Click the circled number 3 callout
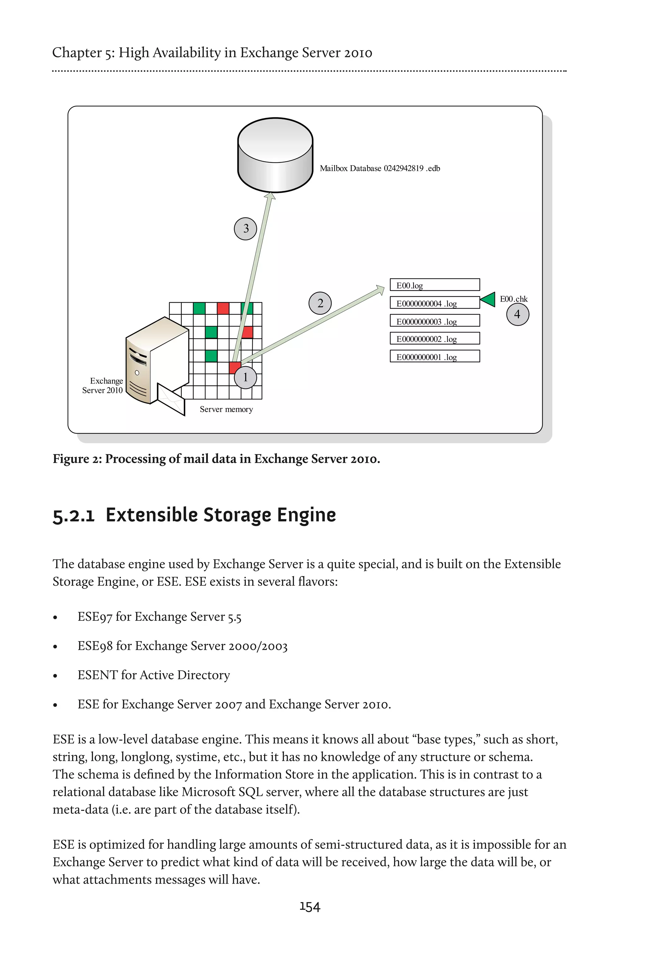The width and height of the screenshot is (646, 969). (x=245, y=229)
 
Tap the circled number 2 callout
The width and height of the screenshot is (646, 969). (x=320, y=303)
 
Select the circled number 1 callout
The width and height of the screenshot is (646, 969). (x=245, y=377)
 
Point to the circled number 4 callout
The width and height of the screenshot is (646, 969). (x=517, y=315)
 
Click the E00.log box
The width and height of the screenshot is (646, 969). (x=435, y=285)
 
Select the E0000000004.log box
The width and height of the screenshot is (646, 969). (x=435, y=303)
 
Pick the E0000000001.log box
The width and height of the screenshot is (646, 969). (x=435, y=356)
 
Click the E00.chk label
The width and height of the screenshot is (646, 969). (x=514, y=299)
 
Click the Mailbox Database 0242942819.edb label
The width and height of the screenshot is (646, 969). (x=380, y=168)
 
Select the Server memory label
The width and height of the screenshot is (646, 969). (x=226, y=409)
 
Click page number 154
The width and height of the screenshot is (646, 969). (x=310, y=907)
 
